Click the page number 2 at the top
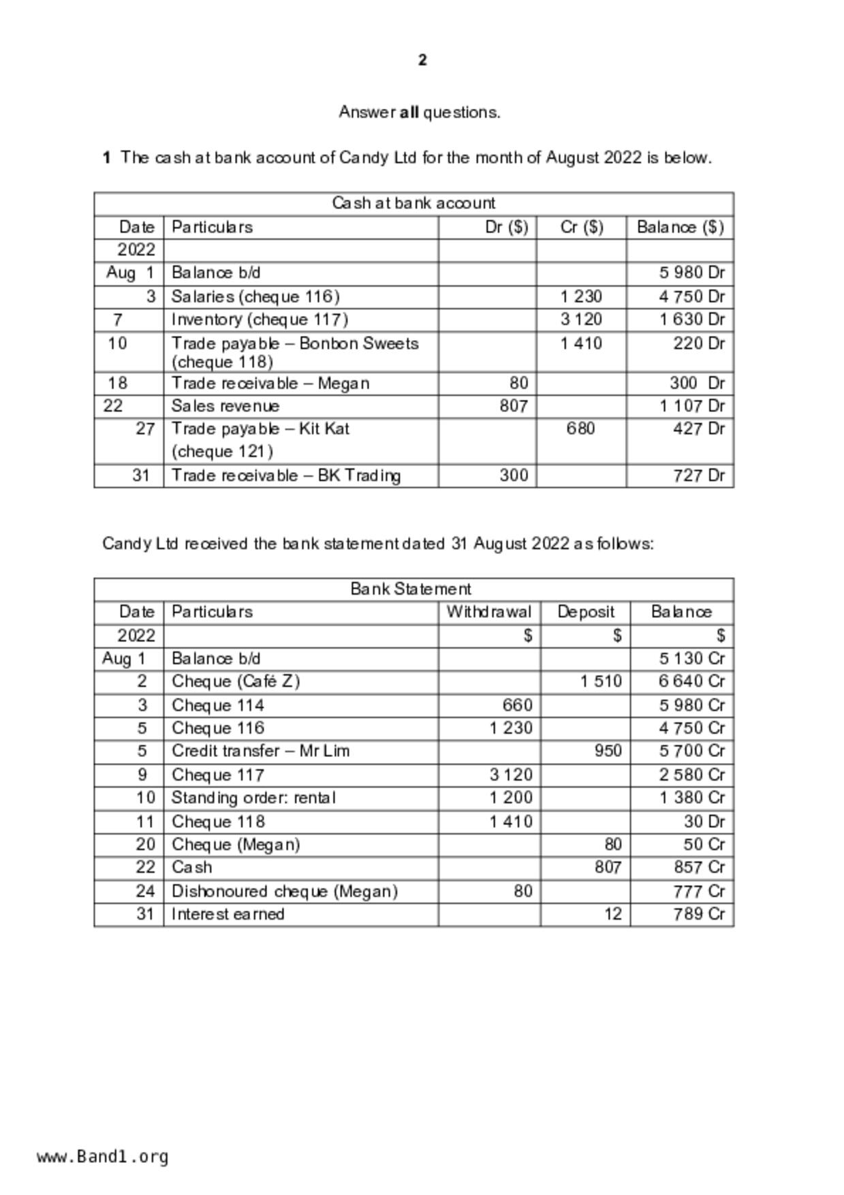422,61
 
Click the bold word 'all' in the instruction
409,112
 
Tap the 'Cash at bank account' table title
413,203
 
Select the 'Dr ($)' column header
506,227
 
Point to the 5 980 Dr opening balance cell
691,273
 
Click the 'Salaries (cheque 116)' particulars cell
255,296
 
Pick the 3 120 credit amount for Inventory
581,320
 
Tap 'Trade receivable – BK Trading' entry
286,476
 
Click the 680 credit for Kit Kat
580,429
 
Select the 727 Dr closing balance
699,476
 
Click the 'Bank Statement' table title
411,589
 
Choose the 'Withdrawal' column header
488,612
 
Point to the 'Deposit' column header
586,612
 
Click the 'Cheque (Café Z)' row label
236,681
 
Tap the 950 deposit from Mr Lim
608,751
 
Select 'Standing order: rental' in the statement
253,798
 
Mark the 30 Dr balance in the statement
704,822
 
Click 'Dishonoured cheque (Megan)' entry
285,891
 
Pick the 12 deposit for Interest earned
613,914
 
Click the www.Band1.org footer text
102,1157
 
